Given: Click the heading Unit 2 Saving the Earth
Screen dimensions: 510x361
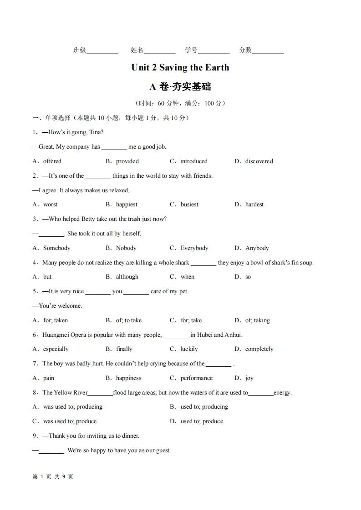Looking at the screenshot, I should tap(180, 68).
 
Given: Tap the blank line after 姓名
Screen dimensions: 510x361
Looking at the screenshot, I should tap(159, 51).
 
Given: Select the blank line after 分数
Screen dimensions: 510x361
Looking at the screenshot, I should tap(268, 51).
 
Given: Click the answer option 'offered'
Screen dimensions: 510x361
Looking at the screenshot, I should tap(52, 161).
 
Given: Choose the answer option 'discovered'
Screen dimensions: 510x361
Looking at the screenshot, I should tap(259, 161).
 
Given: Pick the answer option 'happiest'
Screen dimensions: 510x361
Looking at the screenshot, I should tap(127, 205).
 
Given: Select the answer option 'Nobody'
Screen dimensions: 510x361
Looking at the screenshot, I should tap(126, 248).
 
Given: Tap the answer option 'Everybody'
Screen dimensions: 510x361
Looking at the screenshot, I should tap(194, 248).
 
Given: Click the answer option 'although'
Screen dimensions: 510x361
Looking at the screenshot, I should tap(127, 277).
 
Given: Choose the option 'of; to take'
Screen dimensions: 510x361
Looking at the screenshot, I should tap(128, 320).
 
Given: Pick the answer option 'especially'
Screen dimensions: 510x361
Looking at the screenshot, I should tap(56, 349).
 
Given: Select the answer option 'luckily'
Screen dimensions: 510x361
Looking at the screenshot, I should tap(189, 349).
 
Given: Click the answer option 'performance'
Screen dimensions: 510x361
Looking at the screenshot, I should tap(196, 378).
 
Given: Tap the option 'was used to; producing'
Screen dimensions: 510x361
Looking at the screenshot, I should tap(72, 407).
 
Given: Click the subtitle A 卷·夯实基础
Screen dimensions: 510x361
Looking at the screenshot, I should tap(180, 86).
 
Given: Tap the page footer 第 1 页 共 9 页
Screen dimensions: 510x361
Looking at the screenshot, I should tap(53, 477).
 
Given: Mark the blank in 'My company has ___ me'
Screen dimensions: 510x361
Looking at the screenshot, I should tap(114, 147).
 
